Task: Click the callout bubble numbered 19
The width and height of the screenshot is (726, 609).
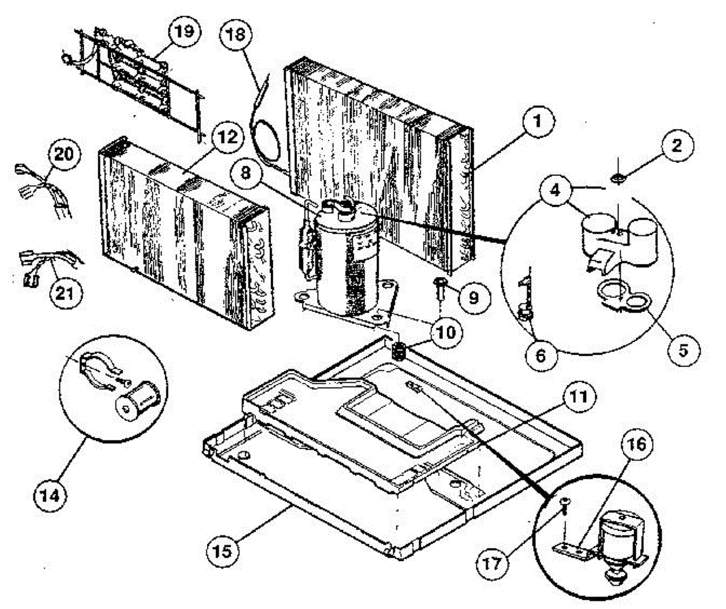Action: click(x=185, y=32)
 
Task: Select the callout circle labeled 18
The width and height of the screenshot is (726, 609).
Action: click(x=236, y=34)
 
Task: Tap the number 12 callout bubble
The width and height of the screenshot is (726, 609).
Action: click(x=227, y=137)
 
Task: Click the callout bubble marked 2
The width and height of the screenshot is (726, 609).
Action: click(x=677, y=145)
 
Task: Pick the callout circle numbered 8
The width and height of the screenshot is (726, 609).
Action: click(x=246, y=173)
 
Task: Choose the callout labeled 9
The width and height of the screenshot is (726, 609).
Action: click(x=474, y=297)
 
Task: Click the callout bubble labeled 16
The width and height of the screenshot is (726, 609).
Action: click(x=637, y=444)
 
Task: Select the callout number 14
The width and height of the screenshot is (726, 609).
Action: click(x=50, y=496)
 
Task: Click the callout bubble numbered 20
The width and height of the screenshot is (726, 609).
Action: click(x=64, y=154)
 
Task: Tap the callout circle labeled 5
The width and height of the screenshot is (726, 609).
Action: click(x=684, y=350)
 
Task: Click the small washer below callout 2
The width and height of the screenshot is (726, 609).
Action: click(x=618, y=179)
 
